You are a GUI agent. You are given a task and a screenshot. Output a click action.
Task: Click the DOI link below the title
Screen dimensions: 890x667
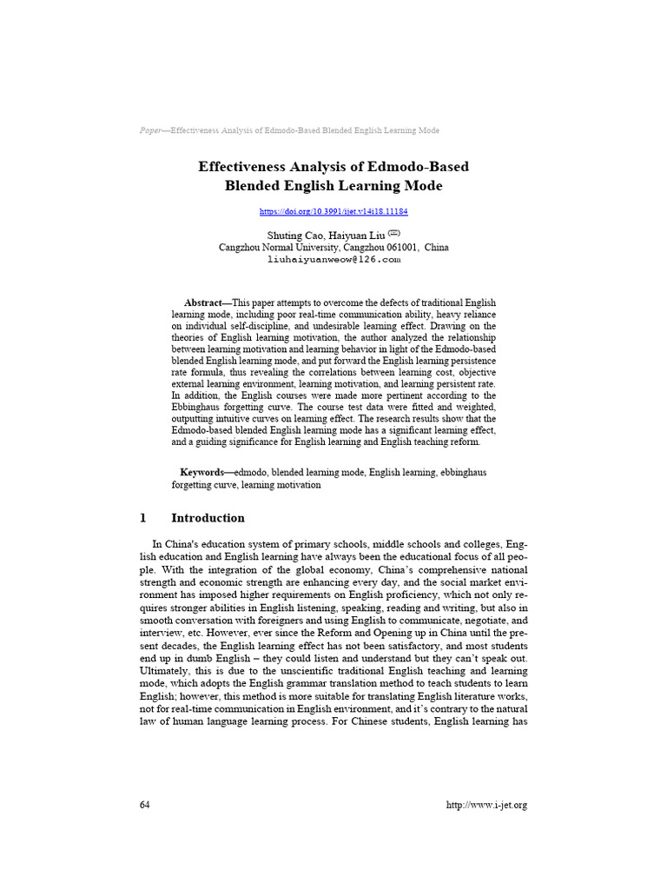point(333,211)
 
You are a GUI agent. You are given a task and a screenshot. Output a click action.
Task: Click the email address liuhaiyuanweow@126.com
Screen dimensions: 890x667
point(333,259)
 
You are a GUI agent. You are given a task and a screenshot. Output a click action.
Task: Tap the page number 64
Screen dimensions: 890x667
point(145,805)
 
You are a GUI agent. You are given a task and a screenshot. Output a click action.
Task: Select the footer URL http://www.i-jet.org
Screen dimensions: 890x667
point(486,805)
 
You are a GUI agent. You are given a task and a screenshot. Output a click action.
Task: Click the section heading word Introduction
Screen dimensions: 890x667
point(208,518)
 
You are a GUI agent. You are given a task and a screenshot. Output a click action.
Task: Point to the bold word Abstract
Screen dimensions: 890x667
point(203,302)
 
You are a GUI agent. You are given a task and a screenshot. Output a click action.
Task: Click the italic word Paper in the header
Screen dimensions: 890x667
point(151,130)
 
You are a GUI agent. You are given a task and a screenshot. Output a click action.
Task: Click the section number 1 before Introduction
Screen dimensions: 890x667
point(142,518)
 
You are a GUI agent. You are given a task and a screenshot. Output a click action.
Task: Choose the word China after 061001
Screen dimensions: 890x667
point(436,248)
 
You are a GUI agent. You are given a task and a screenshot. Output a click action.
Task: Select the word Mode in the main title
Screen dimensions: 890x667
point(425,185)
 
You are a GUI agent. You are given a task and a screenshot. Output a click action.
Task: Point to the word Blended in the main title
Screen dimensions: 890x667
point(253,185)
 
